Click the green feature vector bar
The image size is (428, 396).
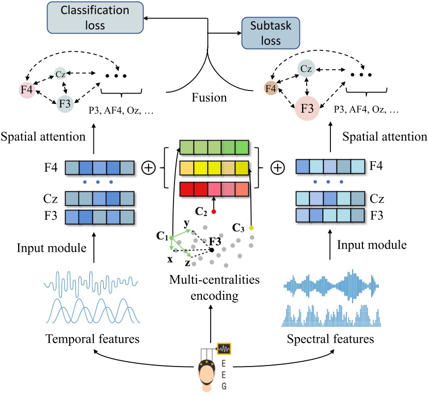(x=214, y=147)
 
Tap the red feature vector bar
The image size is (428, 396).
(x=214, y=189)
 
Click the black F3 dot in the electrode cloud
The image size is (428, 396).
(x=211, y=250)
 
